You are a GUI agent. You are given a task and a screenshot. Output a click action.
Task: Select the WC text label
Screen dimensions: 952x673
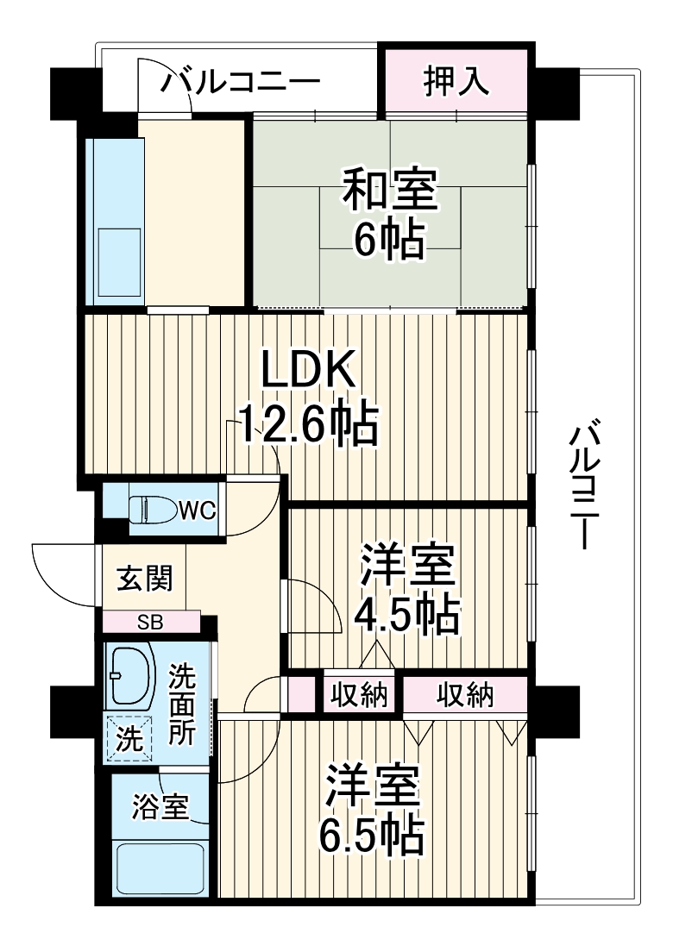pyautogui.click(x=197, y=510)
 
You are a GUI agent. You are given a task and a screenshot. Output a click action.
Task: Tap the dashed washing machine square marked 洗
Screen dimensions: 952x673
pyautogui.click(x=125, y=739)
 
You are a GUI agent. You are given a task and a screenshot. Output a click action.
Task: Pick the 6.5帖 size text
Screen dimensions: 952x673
pyautogui.click(x=372, y=834)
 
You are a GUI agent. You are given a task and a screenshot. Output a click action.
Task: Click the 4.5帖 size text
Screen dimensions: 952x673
pyautogui.click(x=407, y=614)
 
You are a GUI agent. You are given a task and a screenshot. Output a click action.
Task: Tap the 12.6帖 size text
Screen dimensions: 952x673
pyautogui.click(x=308, y=423)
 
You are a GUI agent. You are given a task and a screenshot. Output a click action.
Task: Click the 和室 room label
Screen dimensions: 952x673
pyautogui.click(x=390, y=191)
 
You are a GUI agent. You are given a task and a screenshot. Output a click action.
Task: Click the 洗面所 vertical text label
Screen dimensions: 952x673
pyautogui.click(x=181, y=703)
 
